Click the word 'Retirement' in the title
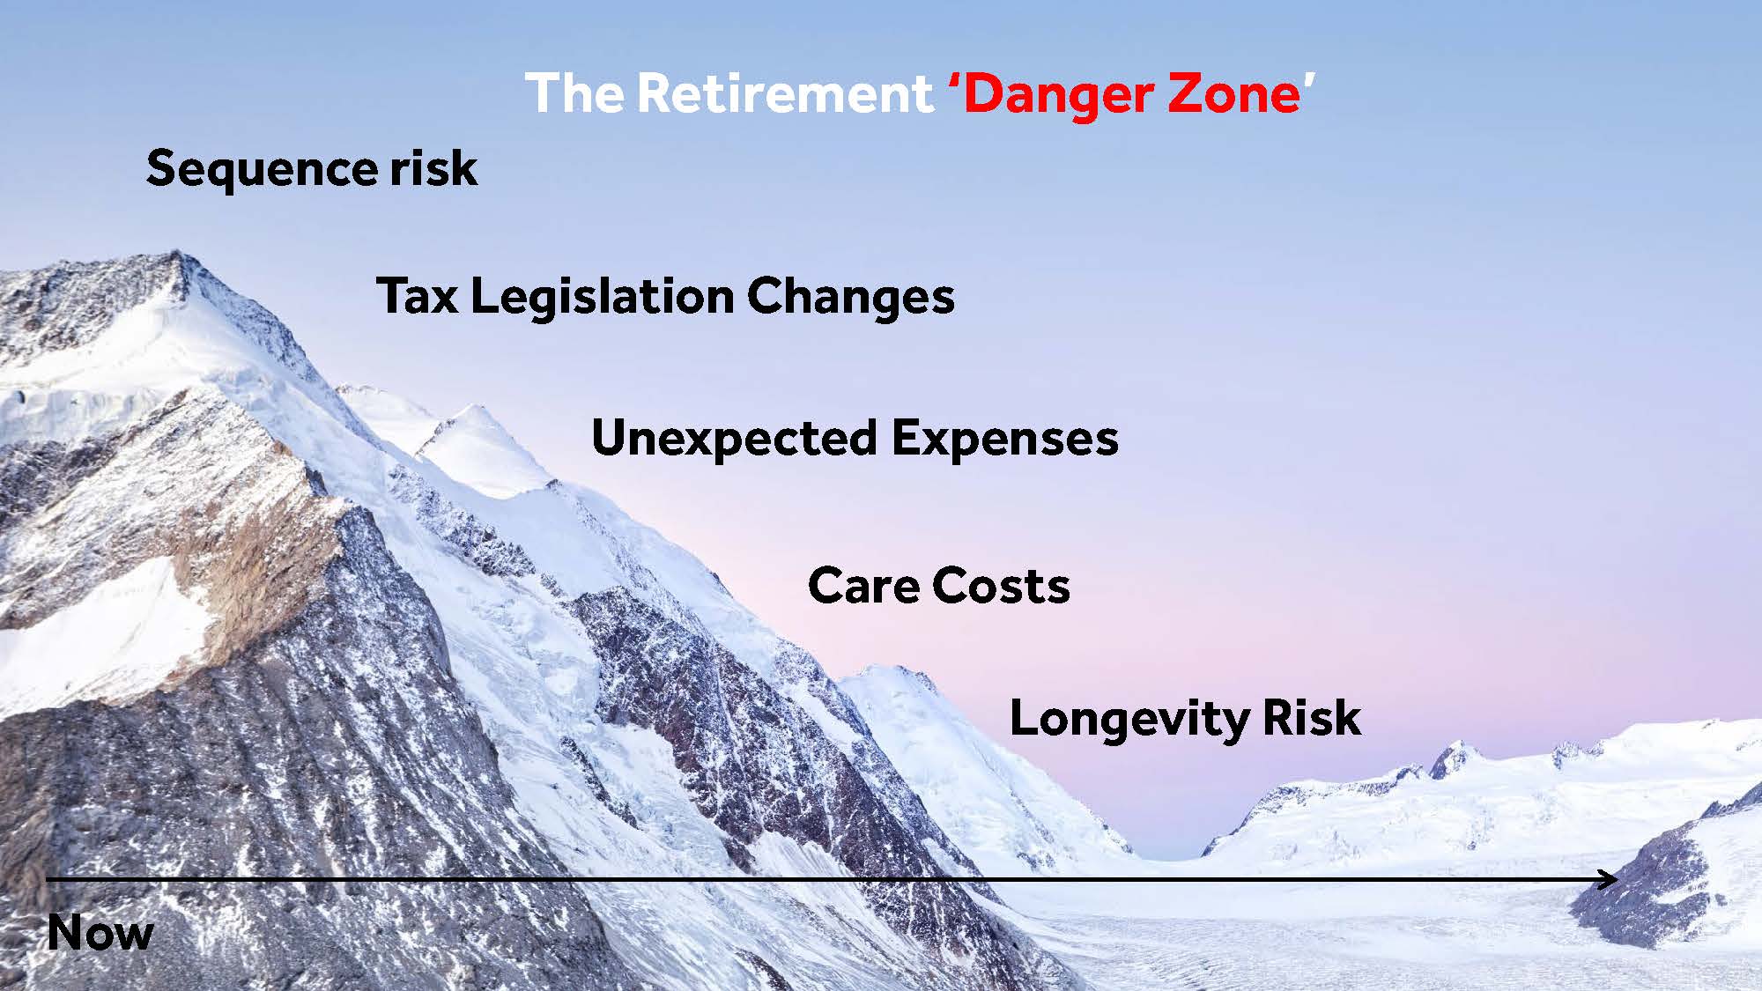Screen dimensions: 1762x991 click(x=784, y=93)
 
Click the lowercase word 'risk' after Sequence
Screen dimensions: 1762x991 click(x=434, y=166)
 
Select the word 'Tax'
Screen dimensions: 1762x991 click(x=417, y=295)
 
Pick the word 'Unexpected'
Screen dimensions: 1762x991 click(x=735, y=439)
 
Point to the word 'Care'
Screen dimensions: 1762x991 click(x=862, y=586)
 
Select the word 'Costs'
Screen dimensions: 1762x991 click(x=1001, y=586)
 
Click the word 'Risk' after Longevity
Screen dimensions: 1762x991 click(x=1312, y=717)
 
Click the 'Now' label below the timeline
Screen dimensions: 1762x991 click(x=100, y=932)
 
